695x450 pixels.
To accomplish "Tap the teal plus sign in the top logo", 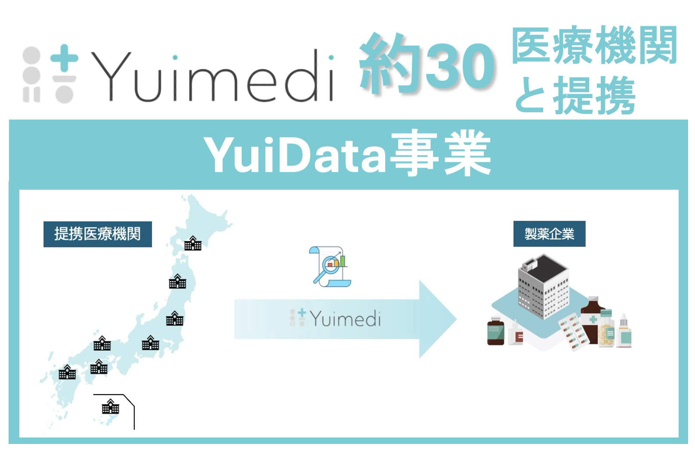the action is [x=64, y=58].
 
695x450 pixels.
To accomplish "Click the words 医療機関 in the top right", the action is [x=594, y=45].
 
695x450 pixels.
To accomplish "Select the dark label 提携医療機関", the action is [x=98, y=234].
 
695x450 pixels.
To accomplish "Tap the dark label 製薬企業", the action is [x=549, y=234].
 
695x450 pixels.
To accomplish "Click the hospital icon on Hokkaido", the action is [x=193, y=243].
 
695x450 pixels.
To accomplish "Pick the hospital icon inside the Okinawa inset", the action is [x=111, y=407].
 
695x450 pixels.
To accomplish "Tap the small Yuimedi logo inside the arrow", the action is [x=335, y=319].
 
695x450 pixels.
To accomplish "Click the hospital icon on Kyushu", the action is [x=68, y=372].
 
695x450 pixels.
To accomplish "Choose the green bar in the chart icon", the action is [x=343, y=261].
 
